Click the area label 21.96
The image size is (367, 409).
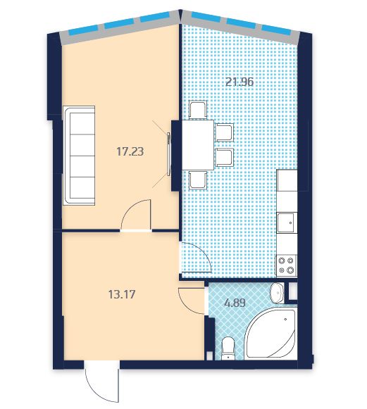click(x=240, y=82)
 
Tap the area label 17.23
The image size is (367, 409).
click(x=130, y=151)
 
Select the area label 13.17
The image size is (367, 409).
click(x=122, y=294)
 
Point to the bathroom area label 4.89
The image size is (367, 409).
click(x=235, y=303)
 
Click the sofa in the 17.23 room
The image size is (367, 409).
click(x=79, y=155)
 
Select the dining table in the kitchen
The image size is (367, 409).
click(x=198, y=145)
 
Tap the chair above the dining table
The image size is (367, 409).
click(x=198, y=111)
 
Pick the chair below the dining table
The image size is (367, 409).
click(x=198, y=180)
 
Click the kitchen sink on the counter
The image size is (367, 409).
click(x=287, y=222)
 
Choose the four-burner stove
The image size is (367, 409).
click(x=287, y=265)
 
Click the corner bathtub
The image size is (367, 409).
click(x=271, y=333)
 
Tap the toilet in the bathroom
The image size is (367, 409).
click(x=228, y=348)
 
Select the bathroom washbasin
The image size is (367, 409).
click(x=278, y=293)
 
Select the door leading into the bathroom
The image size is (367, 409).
click(x=191, y=301)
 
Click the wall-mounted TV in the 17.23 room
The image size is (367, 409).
click(x=169, y=153)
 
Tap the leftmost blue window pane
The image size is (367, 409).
click(x=84, y=30)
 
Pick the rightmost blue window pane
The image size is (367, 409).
click(x=276, y=30)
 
